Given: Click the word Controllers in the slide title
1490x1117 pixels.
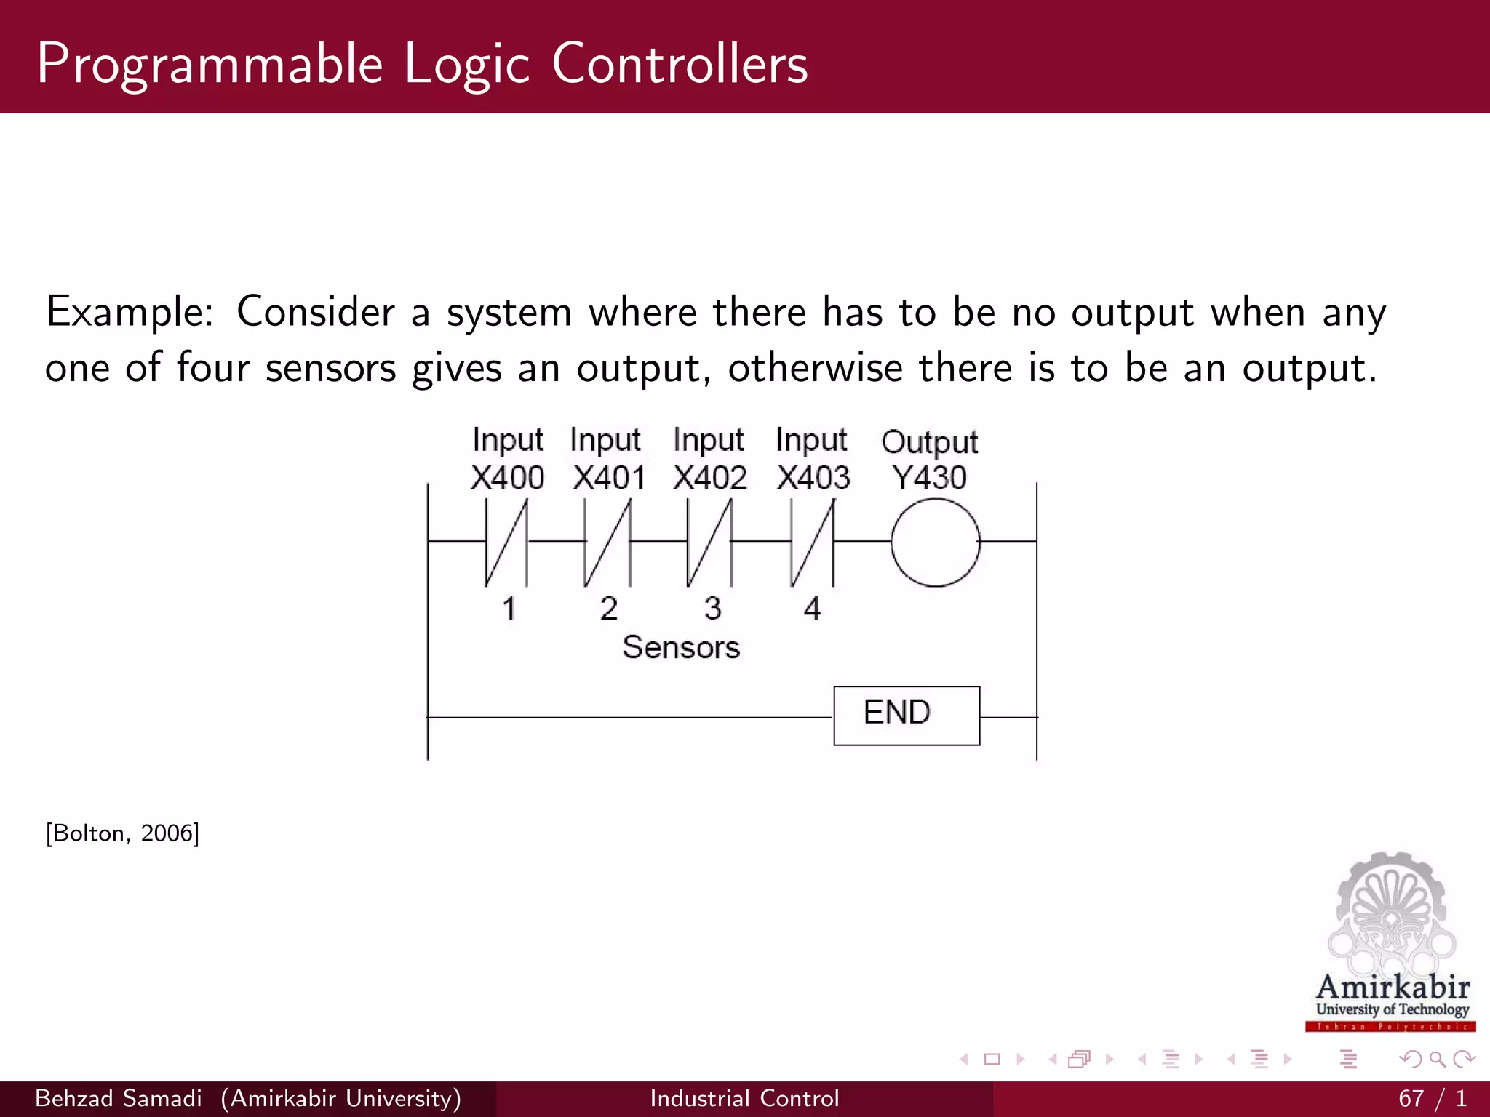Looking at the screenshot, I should point(680,64).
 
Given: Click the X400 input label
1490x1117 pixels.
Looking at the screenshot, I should point(507,478).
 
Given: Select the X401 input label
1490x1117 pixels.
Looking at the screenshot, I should point(609,478).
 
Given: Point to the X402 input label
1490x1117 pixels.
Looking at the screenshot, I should point(710,478).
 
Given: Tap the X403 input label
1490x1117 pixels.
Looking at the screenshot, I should point(813,478).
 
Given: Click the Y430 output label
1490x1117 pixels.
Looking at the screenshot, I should point(929,478).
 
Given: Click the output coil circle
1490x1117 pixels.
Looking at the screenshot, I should point(935,542).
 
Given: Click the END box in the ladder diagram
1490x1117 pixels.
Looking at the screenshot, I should point(906,715).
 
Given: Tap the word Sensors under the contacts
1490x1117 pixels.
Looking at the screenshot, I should point(680,647).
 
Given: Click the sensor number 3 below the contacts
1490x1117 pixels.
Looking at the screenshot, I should point(712,609).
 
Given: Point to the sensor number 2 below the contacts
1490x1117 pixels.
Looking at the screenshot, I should point(609,609).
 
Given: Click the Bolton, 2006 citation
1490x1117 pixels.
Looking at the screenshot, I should point(122,833).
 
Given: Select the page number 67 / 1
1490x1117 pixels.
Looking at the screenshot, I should point(1431,1098).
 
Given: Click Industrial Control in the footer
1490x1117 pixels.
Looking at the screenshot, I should point(744,1098).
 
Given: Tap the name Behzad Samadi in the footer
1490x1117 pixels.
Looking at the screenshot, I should point(119,1098).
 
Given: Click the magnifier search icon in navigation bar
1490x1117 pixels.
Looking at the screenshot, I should point(1437,1059).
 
